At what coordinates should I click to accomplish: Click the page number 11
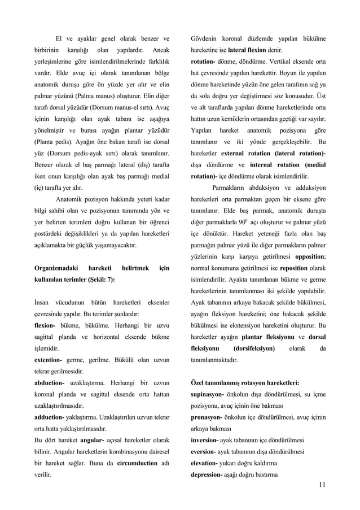322,484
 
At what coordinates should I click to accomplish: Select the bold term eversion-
208,452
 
